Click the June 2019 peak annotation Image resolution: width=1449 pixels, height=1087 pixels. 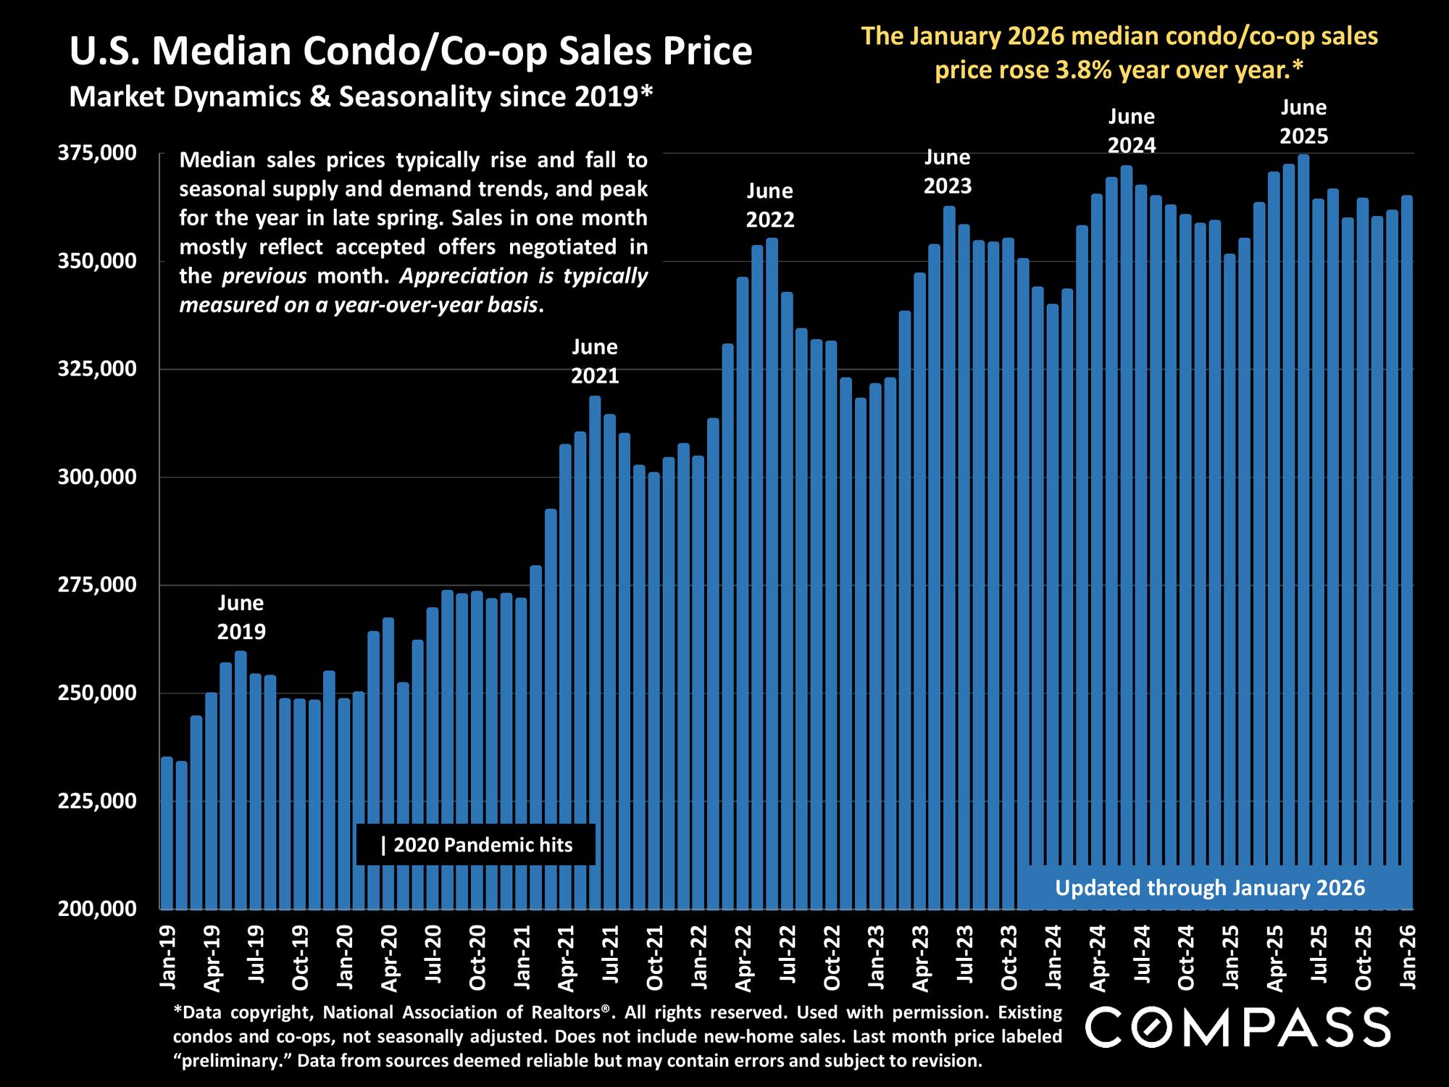241,617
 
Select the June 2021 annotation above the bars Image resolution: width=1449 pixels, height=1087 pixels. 595,361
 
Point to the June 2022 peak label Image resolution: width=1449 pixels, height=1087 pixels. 770,205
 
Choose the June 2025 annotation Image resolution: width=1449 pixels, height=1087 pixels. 1303,122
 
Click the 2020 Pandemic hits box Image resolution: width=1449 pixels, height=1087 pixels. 476,845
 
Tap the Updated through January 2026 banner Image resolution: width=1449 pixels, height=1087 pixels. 1210,888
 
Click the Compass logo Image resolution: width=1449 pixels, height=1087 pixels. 1237,1027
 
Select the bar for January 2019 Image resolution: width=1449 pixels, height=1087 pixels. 167,833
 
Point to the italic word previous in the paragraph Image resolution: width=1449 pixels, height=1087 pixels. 264,276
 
